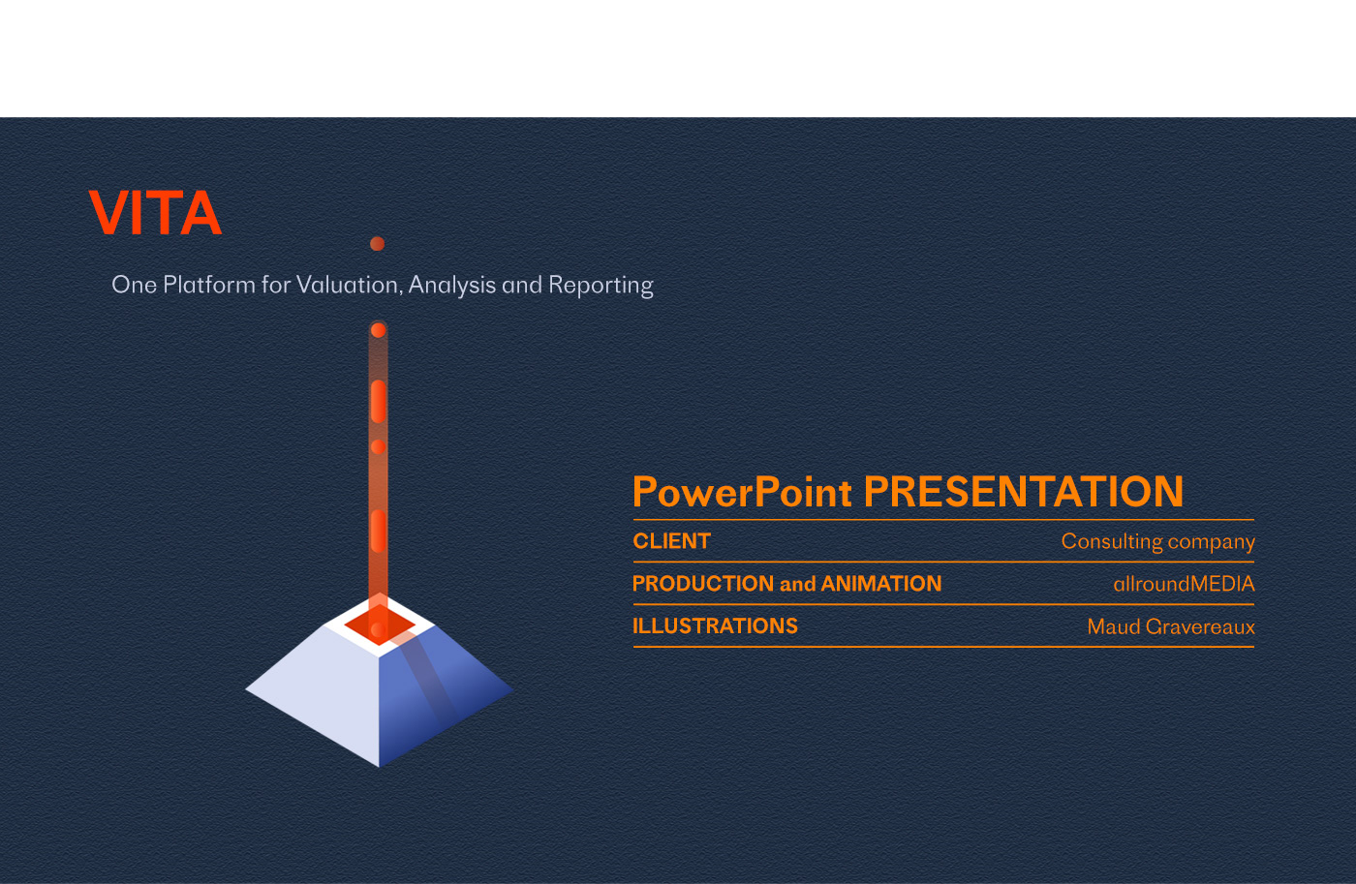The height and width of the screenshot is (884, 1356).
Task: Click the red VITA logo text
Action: coord(156,212)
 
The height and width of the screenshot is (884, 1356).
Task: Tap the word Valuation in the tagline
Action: coord(350,285)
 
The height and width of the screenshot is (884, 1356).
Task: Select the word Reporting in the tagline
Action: coord(601,285)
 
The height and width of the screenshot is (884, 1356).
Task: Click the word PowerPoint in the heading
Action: coord(742,491)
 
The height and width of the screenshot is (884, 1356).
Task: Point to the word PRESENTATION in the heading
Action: coord(1024,491)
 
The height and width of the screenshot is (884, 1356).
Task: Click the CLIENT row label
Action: coord(671,541)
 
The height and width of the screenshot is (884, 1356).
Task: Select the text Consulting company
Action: coord(1158,541)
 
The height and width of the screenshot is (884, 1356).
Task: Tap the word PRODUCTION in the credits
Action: coord(703,583)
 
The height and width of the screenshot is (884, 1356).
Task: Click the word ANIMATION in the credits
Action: coord(881,583)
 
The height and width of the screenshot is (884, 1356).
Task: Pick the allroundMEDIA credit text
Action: coord(1184,583)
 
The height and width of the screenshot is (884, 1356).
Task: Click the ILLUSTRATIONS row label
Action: coord(715,625)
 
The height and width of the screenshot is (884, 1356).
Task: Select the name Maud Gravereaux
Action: coord(1171,626)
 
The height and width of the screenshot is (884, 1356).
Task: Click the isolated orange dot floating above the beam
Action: coord(377,244)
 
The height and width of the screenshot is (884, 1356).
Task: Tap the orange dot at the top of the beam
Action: coord(379,330)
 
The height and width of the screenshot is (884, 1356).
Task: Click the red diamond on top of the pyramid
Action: coord(380,625)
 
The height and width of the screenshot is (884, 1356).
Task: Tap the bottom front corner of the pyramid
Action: coord(379,767)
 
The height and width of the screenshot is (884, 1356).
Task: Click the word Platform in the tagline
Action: coord(209,285)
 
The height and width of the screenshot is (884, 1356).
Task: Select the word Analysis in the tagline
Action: coord(452,285)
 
